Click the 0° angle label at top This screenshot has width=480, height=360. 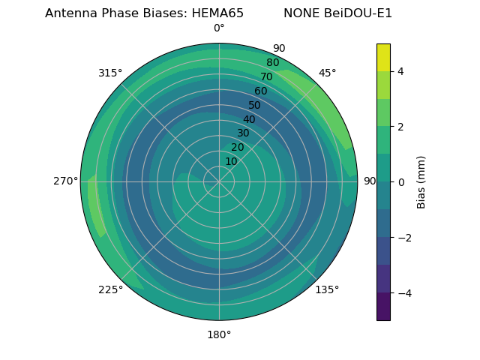tap(219, 28)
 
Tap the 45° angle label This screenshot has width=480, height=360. tap(327, 73)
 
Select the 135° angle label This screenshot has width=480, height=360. tap(327, 289)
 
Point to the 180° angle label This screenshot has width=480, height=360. tap(219, 334)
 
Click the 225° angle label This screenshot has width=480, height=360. tap(110, 290)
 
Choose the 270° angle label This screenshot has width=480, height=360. tap(65, 181)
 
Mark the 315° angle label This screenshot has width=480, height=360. tap(110, 73)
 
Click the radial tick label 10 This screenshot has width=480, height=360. tap(231, 161)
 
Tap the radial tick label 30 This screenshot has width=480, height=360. tap(243, 133)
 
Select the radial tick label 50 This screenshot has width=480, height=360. tap(254, 105)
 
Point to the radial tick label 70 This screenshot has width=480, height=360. tap(266, 76)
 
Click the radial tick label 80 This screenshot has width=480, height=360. tap(272, 63)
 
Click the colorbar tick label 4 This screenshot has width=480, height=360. tap(401, 71)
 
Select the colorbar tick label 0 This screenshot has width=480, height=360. tap(401, 182)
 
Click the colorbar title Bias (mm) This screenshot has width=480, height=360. tap(421, 182)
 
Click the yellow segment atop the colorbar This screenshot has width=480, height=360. tap(383, 57)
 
